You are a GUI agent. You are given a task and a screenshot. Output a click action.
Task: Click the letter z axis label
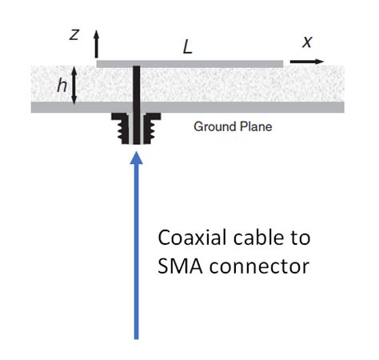click(x=74, y=35)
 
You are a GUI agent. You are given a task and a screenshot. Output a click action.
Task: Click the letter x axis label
click(x=307, y=42)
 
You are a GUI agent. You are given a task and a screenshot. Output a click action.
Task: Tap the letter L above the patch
click(x=188, y=48)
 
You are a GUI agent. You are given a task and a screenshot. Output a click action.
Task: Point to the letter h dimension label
click(x=62, y=86)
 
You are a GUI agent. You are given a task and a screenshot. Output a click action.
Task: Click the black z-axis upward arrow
click(x=97, y=44)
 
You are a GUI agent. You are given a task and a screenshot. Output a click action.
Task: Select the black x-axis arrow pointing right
click(x=307, y=62)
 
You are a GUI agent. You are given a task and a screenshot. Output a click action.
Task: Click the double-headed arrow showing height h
click(x=74, y=86)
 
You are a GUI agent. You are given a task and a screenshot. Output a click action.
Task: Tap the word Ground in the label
click(x=214, y=126)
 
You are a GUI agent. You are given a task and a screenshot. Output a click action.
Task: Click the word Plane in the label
click(x=256, y=126)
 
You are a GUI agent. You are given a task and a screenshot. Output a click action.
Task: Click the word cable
click(x=259, y=238)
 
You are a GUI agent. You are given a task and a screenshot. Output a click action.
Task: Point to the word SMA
click(x=180, y=266)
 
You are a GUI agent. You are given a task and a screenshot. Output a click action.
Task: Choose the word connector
click(x=259, y=266)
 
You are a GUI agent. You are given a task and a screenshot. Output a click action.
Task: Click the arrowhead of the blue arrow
click(x=136, y=158)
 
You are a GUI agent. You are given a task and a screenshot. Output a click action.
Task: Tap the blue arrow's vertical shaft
click(x=136, y=251)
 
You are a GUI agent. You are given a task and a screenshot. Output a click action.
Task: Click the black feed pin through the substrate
click(x=136, y=105)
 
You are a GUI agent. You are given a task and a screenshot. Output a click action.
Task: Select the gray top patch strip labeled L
click(x=189, y=64)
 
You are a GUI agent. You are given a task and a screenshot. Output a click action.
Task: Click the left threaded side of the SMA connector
click(x=121, y=128)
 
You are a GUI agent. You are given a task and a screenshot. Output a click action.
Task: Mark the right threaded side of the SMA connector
click(x=152, y=128)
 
